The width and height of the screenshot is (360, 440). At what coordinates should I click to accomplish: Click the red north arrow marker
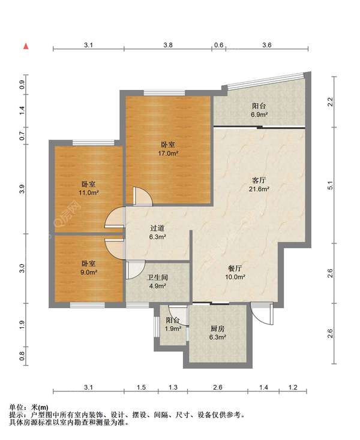tap(26, 46)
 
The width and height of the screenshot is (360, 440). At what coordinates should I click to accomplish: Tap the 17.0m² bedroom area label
tap(168, 153)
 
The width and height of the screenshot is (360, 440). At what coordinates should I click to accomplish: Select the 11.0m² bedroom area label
tap(88, 193)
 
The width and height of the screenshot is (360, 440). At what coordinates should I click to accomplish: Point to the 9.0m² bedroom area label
tap(89, 272)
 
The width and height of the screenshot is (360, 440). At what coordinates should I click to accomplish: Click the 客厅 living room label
tap(259, 180)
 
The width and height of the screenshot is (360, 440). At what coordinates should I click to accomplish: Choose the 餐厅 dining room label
tap(235, 269)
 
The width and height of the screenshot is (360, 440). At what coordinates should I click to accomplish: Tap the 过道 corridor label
tap(157, 228)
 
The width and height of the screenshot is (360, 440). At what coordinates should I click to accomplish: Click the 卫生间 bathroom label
tap(158, 278)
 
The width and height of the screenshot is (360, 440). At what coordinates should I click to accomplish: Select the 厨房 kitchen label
tap(217, 329)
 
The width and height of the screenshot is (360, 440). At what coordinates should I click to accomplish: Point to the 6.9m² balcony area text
tap(259, 114)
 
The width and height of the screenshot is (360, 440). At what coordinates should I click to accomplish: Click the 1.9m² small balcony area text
tap(173, 329)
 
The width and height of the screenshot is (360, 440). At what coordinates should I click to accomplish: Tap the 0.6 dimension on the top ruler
tap(219, 45)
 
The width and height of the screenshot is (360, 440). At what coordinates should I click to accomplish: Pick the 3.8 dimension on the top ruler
tap(168, 45)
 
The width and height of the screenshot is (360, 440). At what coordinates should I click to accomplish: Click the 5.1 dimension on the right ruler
tap(331, 185)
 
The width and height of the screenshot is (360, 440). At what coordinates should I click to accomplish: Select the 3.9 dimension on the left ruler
tap(22, 189)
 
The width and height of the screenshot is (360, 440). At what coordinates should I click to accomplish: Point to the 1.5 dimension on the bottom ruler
tap(141, 387)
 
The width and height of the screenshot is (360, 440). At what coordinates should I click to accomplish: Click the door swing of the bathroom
tap(135, 270)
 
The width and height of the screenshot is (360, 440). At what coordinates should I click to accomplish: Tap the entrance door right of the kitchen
tap(262, 314)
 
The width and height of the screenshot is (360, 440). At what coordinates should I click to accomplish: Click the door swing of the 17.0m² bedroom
tap(143, 196)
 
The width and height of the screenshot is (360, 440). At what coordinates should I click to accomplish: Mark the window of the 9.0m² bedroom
tap(88, 305)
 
